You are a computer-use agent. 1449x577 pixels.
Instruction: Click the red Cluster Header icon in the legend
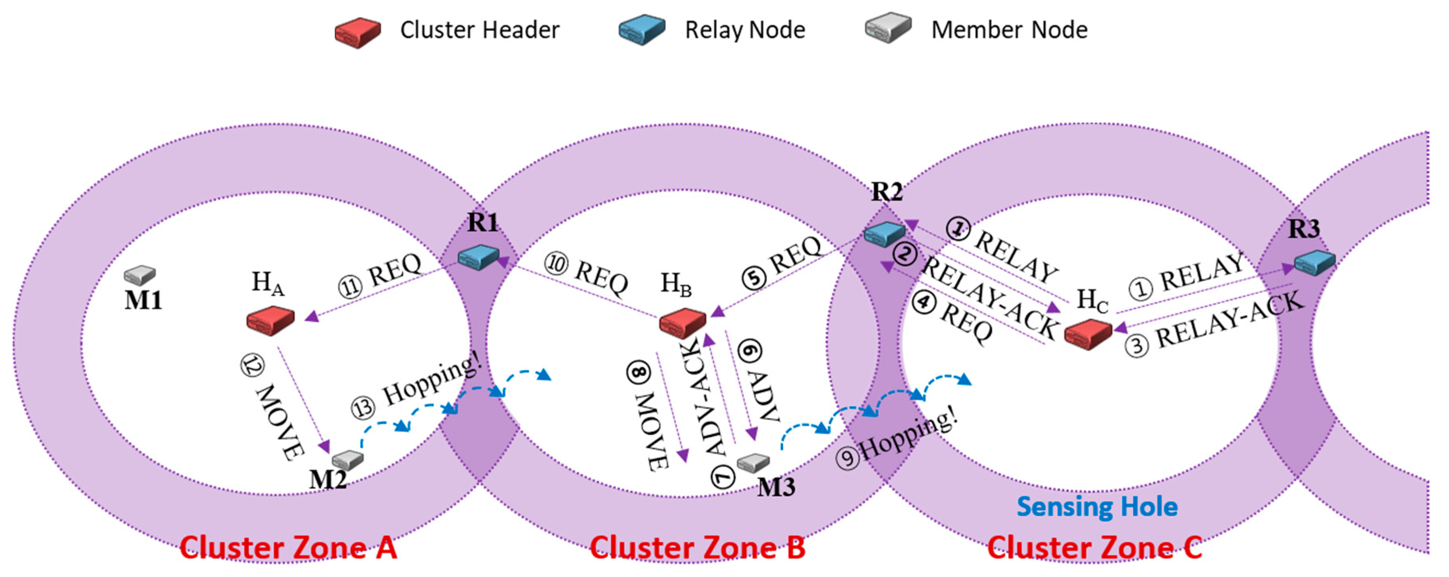pos(358,33)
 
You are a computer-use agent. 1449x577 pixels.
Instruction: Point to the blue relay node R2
pos(885,234)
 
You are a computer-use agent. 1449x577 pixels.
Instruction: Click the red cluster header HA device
pos(271,320)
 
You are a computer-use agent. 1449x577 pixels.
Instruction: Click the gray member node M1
pos(140,275)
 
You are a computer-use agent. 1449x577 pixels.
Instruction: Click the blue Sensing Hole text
pos(1097,507)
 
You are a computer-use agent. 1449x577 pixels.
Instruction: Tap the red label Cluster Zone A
pos(289,547)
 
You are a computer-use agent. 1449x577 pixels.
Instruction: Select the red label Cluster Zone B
pos(697,547)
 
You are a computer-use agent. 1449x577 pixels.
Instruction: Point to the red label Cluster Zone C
pos(1095,547)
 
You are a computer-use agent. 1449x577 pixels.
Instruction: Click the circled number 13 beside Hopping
pos(363,408)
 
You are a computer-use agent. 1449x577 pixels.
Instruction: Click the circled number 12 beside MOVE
pos(252,366)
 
